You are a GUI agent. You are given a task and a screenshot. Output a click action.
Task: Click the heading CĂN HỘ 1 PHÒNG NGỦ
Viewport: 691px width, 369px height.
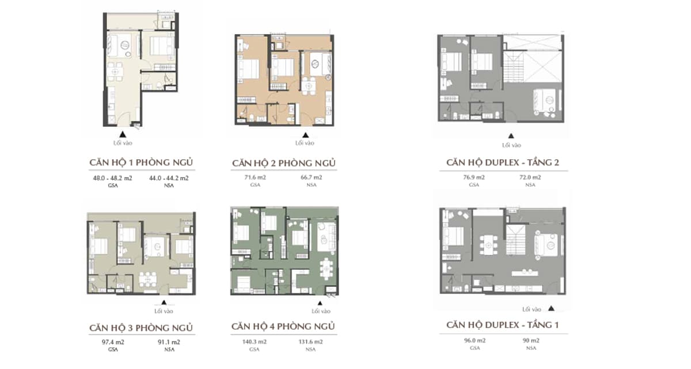[x=141, y=163]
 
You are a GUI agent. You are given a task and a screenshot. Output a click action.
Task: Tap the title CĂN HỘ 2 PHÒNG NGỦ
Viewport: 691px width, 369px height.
[x=284, y=163]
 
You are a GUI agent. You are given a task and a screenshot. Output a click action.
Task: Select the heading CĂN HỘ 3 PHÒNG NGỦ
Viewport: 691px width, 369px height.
[x=141, y=327]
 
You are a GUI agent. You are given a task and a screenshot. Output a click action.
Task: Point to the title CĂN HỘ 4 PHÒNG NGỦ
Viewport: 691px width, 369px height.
[x=283, y=326]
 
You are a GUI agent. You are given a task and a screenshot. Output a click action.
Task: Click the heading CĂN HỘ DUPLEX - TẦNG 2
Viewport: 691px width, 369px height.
[x=503, y=163]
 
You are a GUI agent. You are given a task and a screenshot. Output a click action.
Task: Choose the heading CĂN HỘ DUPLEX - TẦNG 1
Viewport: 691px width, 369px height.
[x=503, y=325]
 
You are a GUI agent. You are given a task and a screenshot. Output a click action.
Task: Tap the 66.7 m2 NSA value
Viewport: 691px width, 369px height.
[x=312, y=177]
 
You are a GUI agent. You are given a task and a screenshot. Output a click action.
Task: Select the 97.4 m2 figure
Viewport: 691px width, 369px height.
[x=113, y=342]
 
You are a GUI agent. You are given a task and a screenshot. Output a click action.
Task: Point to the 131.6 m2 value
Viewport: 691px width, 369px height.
[x=310, y=341]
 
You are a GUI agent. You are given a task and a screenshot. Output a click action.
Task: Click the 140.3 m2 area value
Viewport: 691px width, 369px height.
[x=254, y=341]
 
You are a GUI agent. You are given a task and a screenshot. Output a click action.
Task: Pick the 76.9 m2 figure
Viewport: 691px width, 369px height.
[x=474, y=177]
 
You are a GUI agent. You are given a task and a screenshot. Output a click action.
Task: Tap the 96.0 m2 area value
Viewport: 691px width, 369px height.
[x=474, y=340]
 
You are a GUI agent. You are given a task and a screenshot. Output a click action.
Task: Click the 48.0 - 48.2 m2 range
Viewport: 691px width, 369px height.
[x=113, y=178]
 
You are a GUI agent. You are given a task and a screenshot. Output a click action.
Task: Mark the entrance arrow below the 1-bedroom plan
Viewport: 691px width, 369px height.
[x=123, y=134]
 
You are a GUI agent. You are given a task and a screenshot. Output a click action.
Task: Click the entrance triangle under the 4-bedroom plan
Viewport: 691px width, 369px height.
[x=320, y=303]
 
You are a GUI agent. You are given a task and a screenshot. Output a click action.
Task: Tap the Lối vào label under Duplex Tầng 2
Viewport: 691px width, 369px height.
[x=511, y=145]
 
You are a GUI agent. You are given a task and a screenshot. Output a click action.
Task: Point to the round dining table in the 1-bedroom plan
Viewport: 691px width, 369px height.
[x=115, y=71]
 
